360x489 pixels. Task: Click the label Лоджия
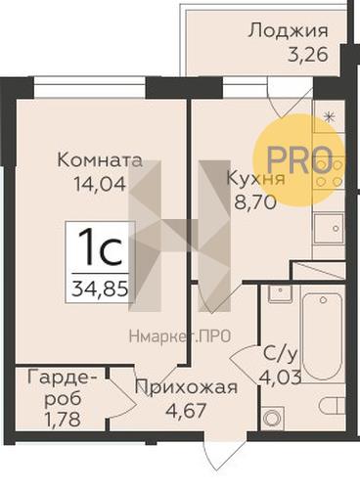[x=287, y=29]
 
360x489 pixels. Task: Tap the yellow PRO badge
[x=299, y=158]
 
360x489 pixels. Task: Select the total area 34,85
[x=99, y=289]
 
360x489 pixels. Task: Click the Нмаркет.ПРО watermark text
[x=180, y=337]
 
